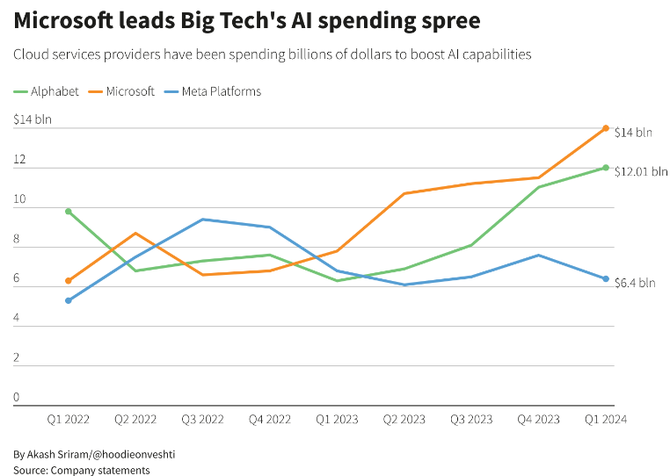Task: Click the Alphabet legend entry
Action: coord(55,91)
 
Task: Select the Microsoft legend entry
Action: coord(129,91)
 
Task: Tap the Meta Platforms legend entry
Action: coord(221,91)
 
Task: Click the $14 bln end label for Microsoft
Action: coord(633,133)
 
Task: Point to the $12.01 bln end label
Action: coord(640,171)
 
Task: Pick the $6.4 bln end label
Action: coord(635,283)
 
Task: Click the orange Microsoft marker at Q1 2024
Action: coord(606,128)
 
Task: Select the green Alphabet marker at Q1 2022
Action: coord(68,212)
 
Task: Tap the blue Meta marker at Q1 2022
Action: coord(68,300)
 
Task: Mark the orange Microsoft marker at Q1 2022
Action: coord(68,281)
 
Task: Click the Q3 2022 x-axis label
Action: coord(202,420)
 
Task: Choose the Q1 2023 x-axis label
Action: coord(337,420)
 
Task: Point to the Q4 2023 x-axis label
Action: coord(538,420)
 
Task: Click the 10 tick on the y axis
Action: coord(20,200)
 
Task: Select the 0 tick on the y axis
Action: coord(17,398)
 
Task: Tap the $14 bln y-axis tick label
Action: coord(33,120)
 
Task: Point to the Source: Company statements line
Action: coord(82,470)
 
